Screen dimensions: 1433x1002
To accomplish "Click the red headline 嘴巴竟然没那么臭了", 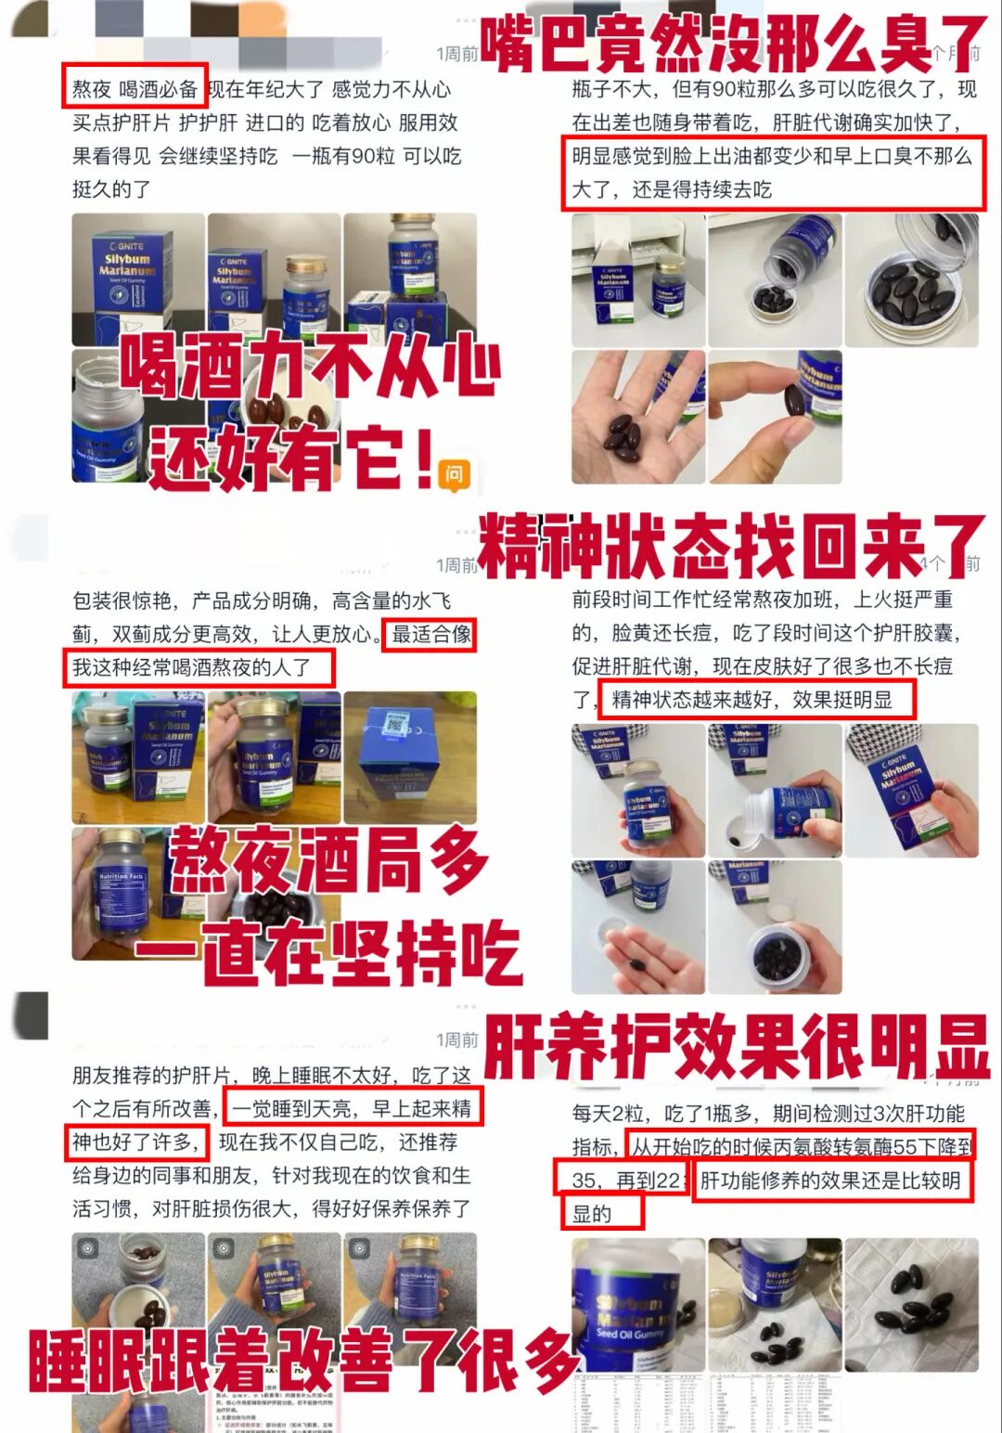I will (x=733, y=45).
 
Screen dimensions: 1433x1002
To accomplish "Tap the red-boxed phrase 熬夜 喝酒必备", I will (x=135, y=89).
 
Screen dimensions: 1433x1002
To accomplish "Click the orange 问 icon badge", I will (x=454, y=474).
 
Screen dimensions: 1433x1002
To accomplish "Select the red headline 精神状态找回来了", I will (x=729, y=546).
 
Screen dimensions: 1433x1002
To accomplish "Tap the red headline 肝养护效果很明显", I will (x=737, y=1045).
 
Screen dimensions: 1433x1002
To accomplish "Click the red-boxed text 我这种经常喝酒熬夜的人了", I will (x=198, y=667).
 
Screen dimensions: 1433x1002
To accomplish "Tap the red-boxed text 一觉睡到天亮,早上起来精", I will (x=353, y=1108).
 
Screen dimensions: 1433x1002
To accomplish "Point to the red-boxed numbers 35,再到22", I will (x=621, y=1180).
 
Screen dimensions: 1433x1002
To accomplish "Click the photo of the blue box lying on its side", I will (x=409, y=756).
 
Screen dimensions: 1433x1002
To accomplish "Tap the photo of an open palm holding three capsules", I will (x=638, y=417).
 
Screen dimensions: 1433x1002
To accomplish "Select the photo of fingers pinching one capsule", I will (x=775, y=417).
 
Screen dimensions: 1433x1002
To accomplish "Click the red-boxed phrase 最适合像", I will (x=430, y=635).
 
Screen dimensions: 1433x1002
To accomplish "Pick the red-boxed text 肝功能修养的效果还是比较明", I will (x=832, y=1180).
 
